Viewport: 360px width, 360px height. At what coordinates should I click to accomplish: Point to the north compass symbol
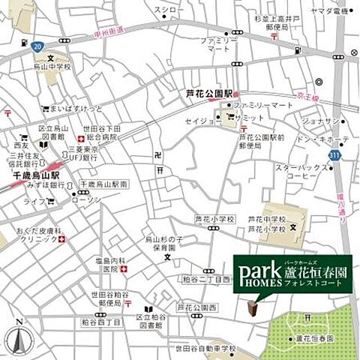pos(19,338)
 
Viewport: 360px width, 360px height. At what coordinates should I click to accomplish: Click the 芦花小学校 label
pos(214,219)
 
